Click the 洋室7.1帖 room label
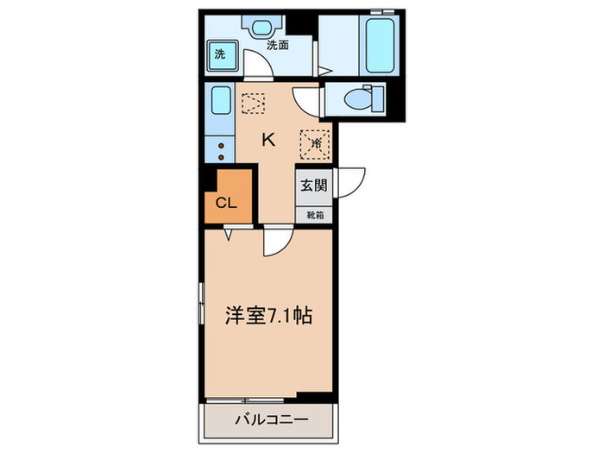(268, 315)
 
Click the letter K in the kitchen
(268, 139)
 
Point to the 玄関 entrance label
(313, 185)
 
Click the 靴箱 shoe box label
(313, 215)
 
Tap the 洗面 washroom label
(277, 44)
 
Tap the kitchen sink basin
(219, 103)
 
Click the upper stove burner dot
(220, 146)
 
